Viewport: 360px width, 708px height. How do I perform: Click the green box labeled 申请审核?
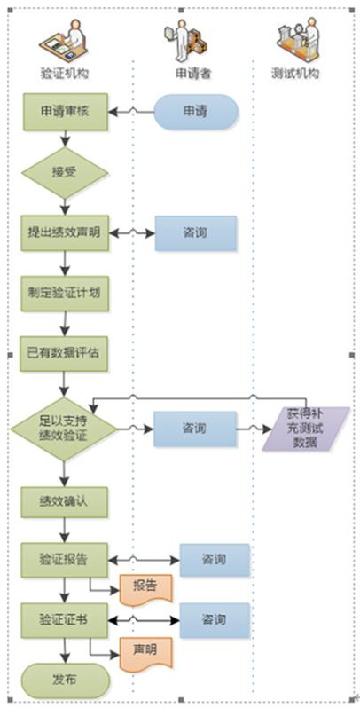(66, 112)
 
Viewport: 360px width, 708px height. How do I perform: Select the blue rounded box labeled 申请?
(196, 112)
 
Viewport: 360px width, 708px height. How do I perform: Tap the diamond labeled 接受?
(66, 173)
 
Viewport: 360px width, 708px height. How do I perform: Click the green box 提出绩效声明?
(65, 233)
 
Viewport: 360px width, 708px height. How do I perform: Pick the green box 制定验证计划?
(65, 294)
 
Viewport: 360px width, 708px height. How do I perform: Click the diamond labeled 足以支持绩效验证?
(64, 429)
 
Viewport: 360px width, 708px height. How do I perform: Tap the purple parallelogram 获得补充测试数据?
(306, 429)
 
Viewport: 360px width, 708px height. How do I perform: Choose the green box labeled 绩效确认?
(64, 501)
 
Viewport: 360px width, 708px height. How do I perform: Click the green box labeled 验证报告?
(64, 560)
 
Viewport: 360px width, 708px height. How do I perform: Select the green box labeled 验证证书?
(64, 619)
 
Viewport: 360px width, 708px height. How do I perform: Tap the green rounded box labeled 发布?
(66, 680)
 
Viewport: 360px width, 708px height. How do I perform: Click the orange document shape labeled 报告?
(145, 588)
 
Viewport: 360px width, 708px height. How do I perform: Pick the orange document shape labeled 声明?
(145, 652)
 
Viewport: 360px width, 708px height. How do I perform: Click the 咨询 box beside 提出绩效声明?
(196, 233)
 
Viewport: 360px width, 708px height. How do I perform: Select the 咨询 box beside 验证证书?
(215, 620)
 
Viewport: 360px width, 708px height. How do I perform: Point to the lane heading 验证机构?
(64, 74)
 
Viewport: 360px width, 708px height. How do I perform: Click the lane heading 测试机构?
(295, 73)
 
